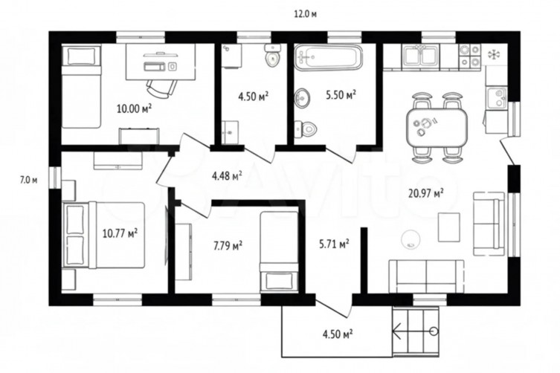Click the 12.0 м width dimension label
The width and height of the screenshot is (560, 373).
click(x=306, y=14)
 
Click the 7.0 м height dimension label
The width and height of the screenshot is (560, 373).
click(x=28, y=181)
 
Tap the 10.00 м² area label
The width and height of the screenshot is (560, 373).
click(x=134, y=108)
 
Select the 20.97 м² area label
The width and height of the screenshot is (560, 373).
click(x=426, y=193)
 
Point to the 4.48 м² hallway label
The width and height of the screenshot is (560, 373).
click(x=227, y=175)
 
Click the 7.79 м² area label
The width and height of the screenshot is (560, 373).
click(x=228, y=246)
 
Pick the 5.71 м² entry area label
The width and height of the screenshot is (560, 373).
click(x=334, y=244)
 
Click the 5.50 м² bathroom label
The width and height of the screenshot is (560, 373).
click(x=341, y=94)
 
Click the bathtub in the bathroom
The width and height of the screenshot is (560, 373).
click(x=329, y=56)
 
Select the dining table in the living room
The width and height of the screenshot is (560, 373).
click(x=437, y=128)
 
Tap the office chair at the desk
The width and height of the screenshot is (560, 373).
click(x=162, y=88)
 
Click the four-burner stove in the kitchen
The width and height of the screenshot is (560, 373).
click(x=469, y=56)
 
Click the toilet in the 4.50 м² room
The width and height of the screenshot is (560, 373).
click(x=272, y=55)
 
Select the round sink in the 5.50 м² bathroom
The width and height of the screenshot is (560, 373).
click(x=302, y=97)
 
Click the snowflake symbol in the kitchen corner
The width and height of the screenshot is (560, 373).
click(x=495, y=54)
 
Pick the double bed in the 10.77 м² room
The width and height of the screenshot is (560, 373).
click(x=104, y=236)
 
